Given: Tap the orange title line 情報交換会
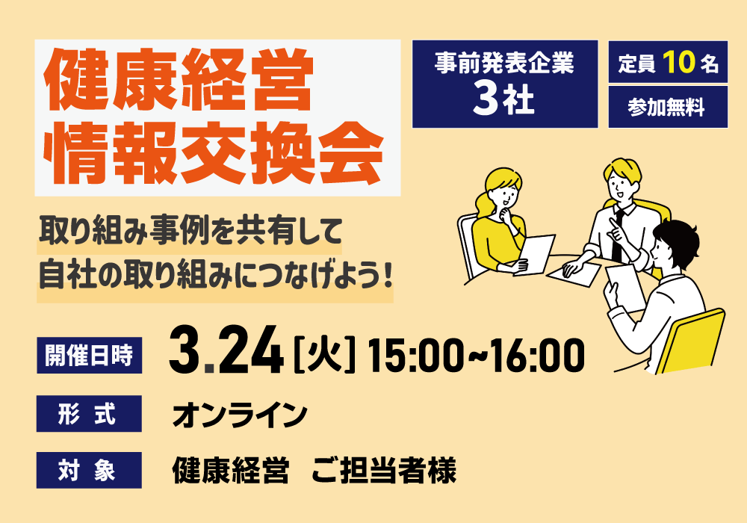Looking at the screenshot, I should click(x=214, y=155).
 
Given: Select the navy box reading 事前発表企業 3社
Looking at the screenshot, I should click(x=504, y=84).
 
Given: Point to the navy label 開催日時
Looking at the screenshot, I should click(x=89, y=355).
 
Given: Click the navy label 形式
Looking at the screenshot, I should click(x=89, y=413).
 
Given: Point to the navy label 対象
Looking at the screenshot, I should click(x=89, y=471).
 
